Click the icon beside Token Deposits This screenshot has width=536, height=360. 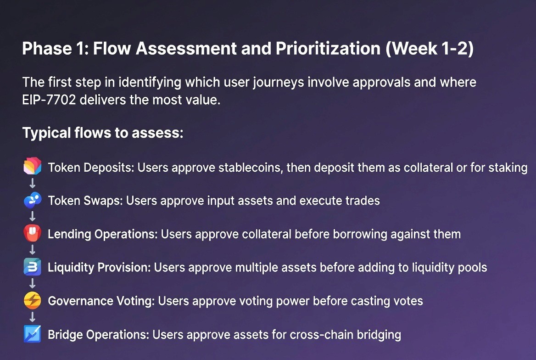[x=33, y=166]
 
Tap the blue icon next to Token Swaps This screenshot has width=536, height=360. [x=33, y=200]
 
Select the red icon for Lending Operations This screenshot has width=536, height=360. [x=33, y=233]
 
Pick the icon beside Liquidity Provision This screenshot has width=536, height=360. [x=33, y=267]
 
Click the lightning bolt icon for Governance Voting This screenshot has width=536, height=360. [x=33, y=300]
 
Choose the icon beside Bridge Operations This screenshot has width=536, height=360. [x=33, y=334]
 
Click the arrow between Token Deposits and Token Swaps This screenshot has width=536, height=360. [x=33, y=183]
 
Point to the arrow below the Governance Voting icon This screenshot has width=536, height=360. [x=33, y=317]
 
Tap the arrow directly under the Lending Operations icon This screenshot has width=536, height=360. [x=33, y=250]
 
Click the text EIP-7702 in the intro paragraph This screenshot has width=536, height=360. [x=49, y=100]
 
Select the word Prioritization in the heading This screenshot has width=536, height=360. [x=328, y=48]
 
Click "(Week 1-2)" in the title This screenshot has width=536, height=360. [x=430, y=48]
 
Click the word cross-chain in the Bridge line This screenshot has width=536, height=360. [x=322, y=335]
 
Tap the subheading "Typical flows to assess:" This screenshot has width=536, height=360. [x=103, y=133]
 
